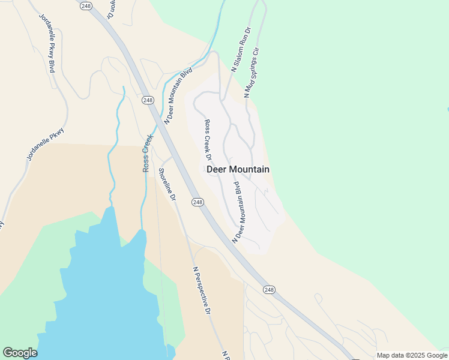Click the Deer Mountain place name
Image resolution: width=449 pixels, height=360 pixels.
pyautogui.click(x=238, y=169)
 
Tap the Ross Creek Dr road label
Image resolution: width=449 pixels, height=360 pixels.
pyautogui.click(x=209, y=140)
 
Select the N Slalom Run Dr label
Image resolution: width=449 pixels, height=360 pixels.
pyautogui.click(x=241, y=49)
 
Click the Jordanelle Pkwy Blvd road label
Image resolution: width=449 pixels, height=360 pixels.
pyautogui.click(x=47, y=43)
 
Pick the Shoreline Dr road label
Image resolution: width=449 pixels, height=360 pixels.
pyautogui.click(x=167, y=184)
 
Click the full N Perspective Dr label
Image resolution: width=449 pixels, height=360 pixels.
pyautogui.click(x=202, y=291)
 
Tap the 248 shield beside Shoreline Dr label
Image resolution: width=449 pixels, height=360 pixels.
pyautogui.click(x=198, y=202)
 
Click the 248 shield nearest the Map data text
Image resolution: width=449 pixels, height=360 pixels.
pyautogui.click(x=269, y=290)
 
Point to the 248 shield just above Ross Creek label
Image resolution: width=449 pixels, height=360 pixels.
pyautogui.click(x=147, y=100)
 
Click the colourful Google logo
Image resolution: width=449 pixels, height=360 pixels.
pyautogui.click(x=20, y=353)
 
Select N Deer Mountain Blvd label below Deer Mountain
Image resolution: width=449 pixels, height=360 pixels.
pyautogui.click(x=238, y=211)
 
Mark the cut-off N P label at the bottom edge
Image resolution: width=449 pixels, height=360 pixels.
pyautogui.click(x=226, y=355)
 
